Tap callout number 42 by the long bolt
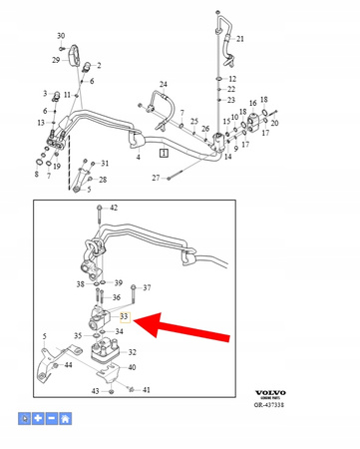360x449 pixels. click(x=113, y=208)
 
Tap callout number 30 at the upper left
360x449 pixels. click(x=61, y=35)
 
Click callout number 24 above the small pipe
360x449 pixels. click(x=164, y=84)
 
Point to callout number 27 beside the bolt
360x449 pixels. click(x=156, y=178)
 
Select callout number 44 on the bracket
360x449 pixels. click(x=67, y=366)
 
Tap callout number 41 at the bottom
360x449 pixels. click(x=146, y=390)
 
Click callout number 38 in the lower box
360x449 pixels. click(x=81, y=284)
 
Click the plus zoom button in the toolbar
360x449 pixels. click(x=37, y=419)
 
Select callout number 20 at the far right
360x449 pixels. click(x=274, y=123)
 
